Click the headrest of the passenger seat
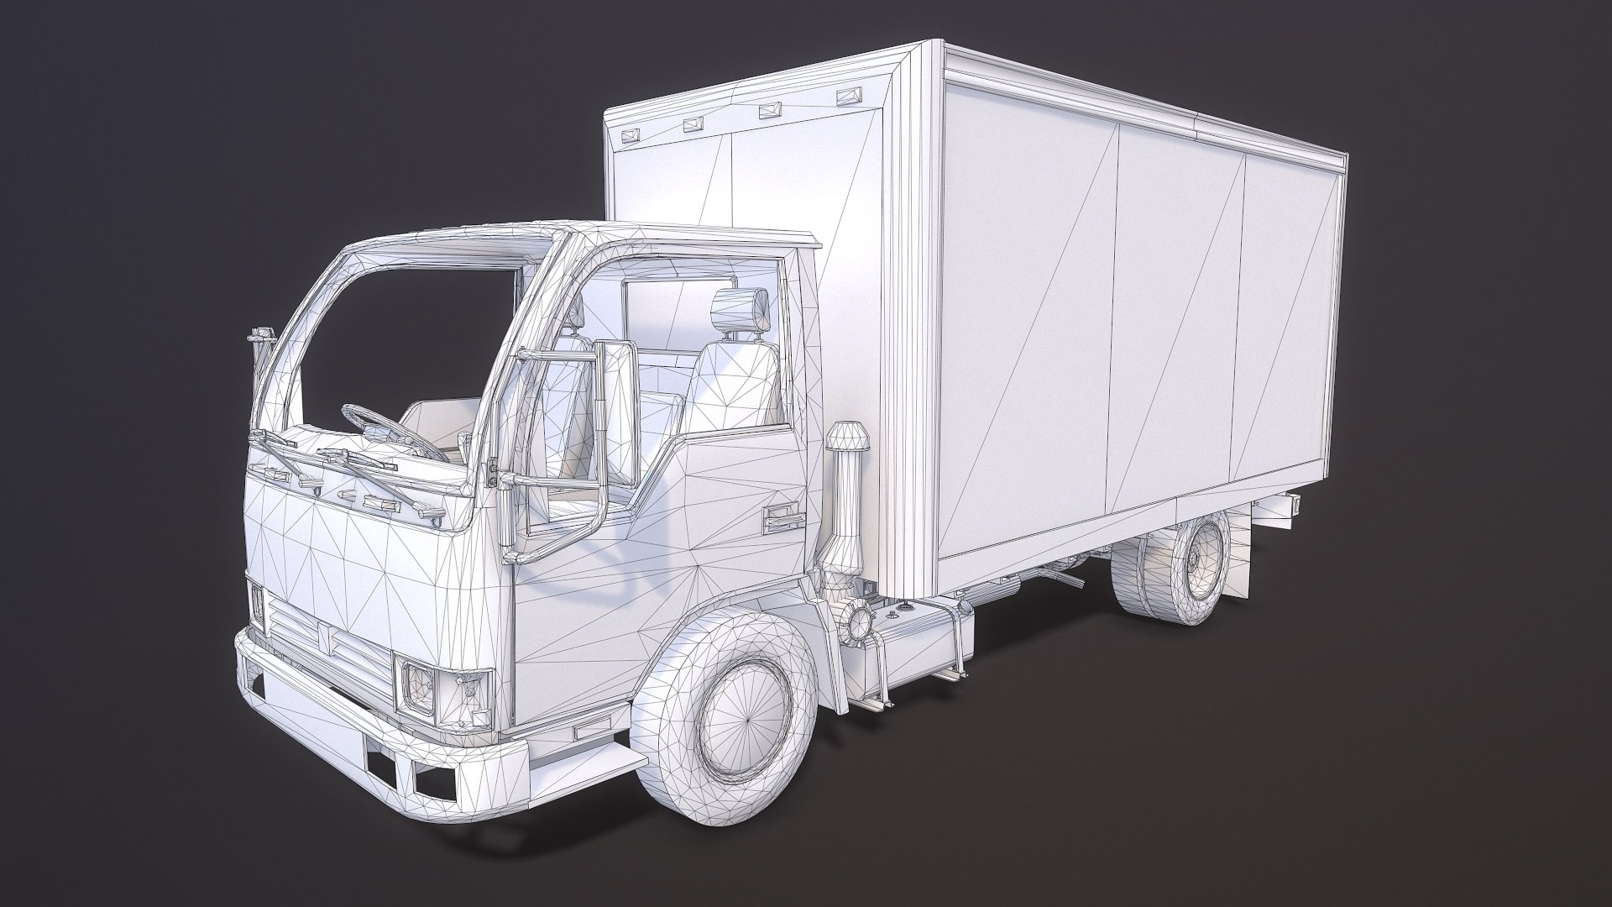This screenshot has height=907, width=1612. point(741,309)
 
